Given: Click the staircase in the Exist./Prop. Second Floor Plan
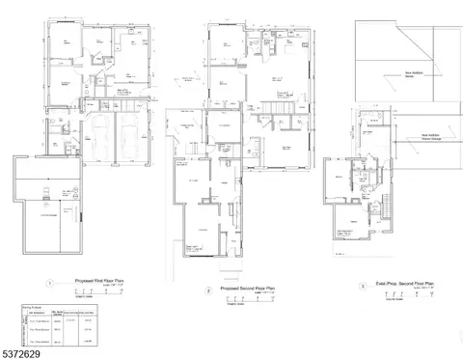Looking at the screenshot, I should (384, 205).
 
